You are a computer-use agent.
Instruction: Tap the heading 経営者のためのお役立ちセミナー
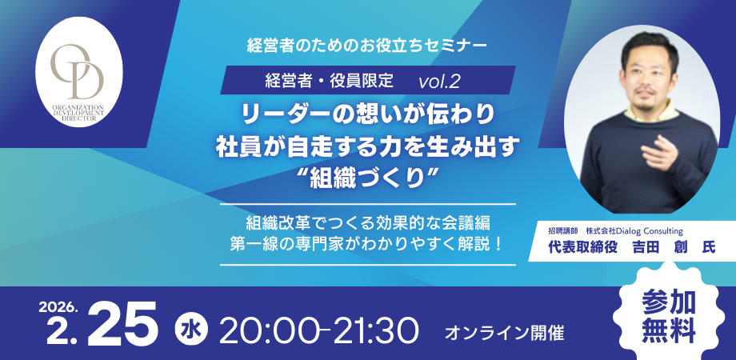[x=368, y=45]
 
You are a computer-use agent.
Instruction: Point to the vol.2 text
[x=439, y=81]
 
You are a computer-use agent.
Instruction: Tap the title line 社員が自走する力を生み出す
[x=369, y=148]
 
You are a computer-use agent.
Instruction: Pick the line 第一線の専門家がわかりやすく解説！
[x=368, y=242]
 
